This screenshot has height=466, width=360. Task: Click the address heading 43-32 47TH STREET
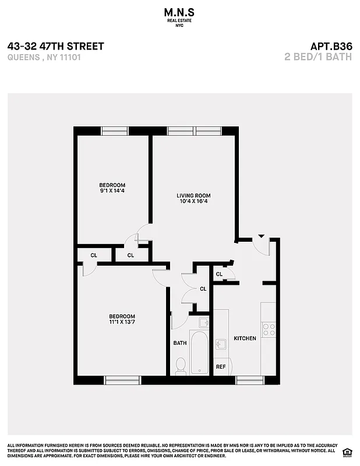click(56, 46)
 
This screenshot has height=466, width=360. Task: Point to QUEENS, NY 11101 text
click(43, 58)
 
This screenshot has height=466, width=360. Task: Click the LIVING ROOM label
click(193, 196)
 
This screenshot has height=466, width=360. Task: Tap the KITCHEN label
click(245, 338)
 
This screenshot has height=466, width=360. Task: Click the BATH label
click(179, 343)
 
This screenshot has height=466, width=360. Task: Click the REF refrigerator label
click(221, 367)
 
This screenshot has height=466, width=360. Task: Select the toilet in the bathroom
click(181, 365)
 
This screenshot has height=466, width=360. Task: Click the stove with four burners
click(269, 329)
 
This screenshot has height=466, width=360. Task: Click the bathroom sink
click(203, 322)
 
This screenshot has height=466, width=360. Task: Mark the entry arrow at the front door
click(261, 236)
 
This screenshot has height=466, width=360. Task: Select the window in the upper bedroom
click(115, 131)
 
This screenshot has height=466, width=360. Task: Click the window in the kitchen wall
click(250, 380)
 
